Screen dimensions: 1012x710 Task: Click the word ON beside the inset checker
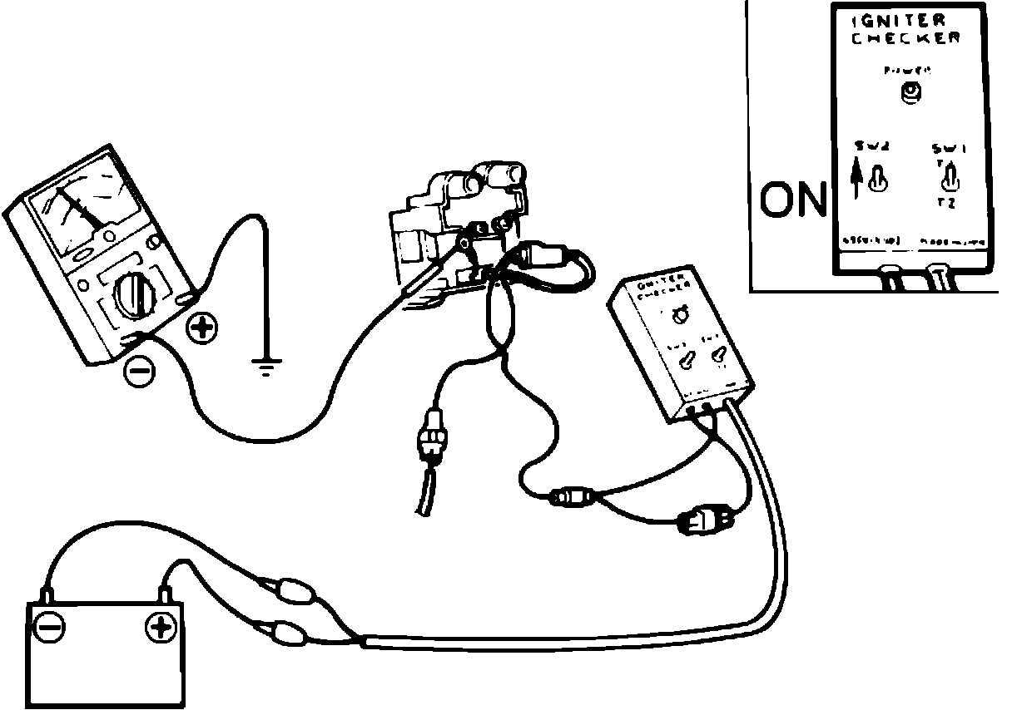[793, 200]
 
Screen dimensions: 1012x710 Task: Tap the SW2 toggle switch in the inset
[876, 180]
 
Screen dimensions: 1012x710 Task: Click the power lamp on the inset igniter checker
[912, 94]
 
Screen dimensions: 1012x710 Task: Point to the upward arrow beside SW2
[856, 178]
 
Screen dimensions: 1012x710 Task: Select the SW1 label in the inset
[949, 149]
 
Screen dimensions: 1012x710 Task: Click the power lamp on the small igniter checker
[680, 314]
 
